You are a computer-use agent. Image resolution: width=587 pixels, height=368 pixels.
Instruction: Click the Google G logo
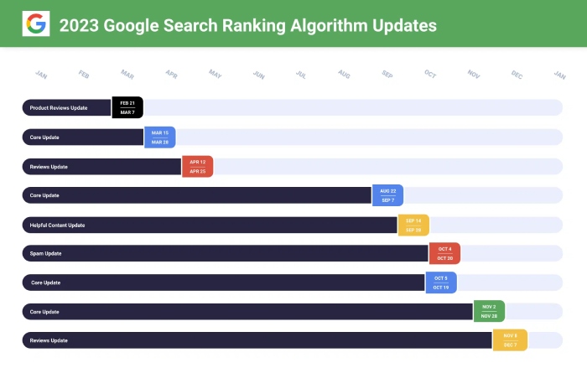(36, 24)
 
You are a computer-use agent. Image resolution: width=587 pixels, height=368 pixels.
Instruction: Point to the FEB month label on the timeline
(84, 75)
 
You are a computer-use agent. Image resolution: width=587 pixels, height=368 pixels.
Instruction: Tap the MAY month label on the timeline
(215, 75)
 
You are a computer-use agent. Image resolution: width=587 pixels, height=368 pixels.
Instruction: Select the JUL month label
(301, 75)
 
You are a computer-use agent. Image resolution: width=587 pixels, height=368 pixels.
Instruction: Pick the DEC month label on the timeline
(517, 75)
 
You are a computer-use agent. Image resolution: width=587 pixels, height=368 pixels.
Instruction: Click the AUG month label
(344, 75)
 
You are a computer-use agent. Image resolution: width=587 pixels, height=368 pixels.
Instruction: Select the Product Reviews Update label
(58, 108)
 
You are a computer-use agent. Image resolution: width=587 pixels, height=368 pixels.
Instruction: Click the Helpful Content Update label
(57, 225)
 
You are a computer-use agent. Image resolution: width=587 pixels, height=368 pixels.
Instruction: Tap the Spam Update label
(45, 253)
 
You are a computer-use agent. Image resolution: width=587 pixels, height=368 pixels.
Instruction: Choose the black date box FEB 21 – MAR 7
(127, 107)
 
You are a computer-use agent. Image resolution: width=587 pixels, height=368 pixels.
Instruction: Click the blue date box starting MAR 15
(159, 137)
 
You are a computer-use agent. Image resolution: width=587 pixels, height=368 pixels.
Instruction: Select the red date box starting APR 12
(198, 166)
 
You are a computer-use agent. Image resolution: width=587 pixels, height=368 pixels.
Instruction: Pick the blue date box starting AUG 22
(387, 195)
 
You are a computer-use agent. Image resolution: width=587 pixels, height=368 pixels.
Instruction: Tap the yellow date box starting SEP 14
(413, 225)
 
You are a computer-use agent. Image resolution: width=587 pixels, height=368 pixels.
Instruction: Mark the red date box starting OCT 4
(444, 253)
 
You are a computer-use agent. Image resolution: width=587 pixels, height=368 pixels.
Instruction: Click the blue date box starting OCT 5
(441, 282)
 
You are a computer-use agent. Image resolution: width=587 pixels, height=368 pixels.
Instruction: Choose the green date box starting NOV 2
(489, 312)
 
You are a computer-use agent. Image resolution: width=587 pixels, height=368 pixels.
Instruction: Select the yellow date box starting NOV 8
(510, 340)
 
